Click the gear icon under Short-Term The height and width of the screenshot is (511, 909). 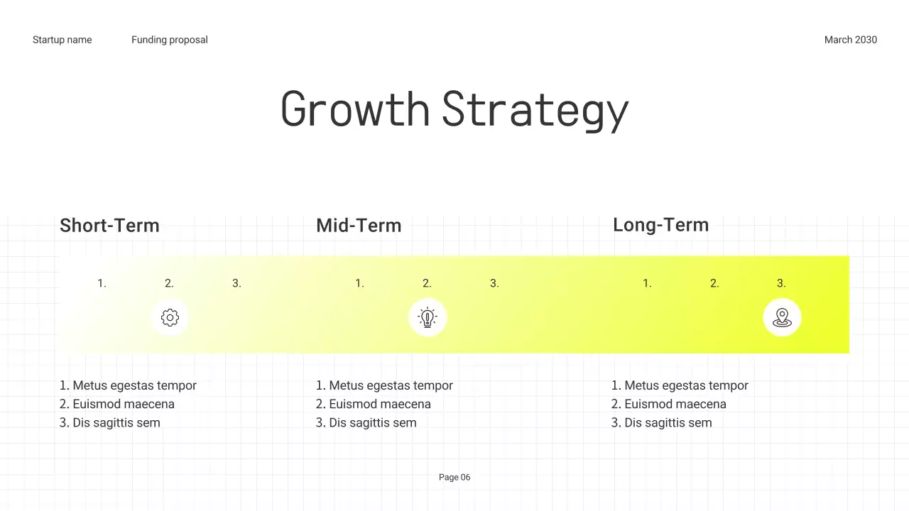pyautogui.click(x=170, y=317)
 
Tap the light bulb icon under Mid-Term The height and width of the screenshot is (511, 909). pyautogui.click(x=428, y=317)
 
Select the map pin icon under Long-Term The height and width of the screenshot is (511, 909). pyautogui.click(x=782, y=317)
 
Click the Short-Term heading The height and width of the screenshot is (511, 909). pyautogui.click(x=109, y=226)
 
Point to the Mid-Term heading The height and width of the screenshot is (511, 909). pyautogui.click(x=359, y=226)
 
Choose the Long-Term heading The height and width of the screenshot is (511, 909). pyautogui.click(x=660, y=225)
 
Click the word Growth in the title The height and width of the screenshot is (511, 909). pyautogui.click(x=355, y=110)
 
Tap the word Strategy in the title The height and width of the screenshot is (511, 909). pyautogui.click(x=535, y=110)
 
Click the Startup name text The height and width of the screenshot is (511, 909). pyautogui.click(x=62, y=40)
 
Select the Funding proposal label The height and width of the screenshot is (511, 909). pyautogui.click(x=170, y=40)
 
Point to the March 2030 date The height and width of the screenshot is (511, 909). pyautogui.click(x=850, y=40)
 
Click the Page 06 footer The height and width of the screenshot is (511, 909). pyautogui.click(x=454, y=477)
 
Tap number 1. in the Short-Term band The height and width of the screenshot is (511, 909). pyautogui.click(x=102, y=283)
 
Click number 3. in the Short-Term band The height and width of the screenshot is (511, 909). pyautogui.click(x=236, y=283)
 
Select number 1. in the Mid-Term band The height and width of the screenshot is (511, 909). pyautogui.click(x=359, y=283)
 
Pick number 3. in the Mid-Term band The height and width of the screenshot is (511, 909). pyautogui.click(x=494, y=283)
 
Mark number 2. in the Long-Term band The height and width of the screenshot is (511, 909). pyautogui.click(x=714, y=283)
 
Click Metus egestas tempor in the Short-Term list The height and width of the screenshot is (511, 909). pyautogui.click(x=134, y=385)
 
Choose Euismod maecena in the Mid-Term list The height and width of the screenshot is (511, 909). pyautogui.click(x=379, y=404)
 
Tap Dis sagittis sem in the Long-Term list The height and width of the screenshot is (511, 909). pyautogui.click(x=668, y=422)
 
